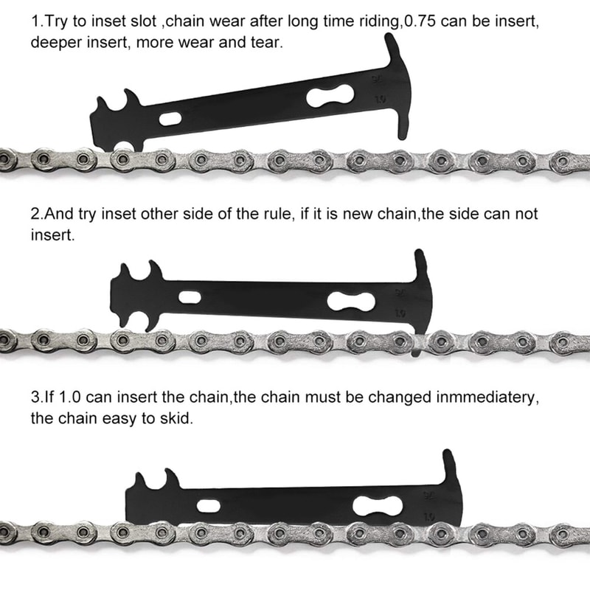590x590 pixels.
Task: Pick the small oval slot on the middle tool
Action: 189,298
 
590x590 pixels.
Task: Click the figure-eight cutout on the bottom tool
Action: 378,505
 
